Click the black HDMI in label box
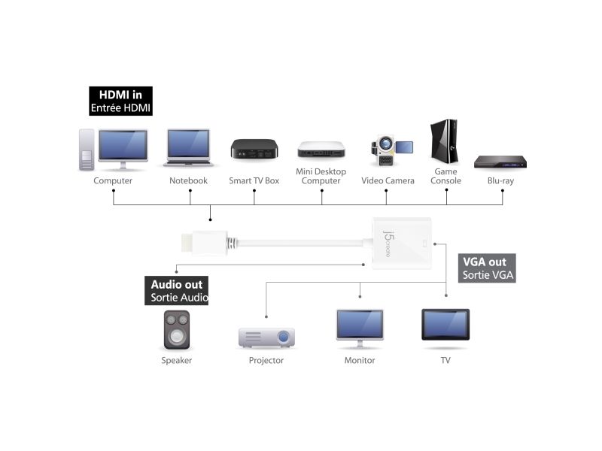pyautogui.click(x=120, y=101)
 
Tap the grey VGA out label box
pyautogui.click(x=487, y=268)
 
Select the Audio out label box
pyautogui.click(x=176, y=290)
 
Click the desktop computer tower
pyautogui.click(x=87, y=150)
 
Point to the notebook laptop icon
pyautogui.click(x=189, y=147)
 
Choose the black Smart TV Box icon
pyautogui.click(x=254, y=149)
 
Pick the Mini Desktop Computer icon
pyautogui.click(x=321, y=150)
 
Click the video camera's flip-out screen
pyautogui.click(x=404, y=147)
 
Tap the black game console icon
pyautogui.click(x=444, y=141)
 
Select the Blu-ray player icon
pyautogui.click(x=500, y=162)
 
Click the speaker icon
pyautogui.click(x=177, y=330)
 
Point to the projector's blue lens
pyautogui.click(x=284, y=337)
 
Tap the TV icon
pyautogui.click(x=445, y=325)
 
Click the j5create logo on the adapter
pyautogui.click(x=388, y=244)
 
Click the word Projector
pyautogui.click(x=266, y=361)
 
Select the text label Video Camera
pyautogui.click(x=388, y=180)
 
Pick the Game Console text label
pyautogui.click(x=445, y=176)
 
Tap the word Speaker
pyautogui.click(x=177, y=361)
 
